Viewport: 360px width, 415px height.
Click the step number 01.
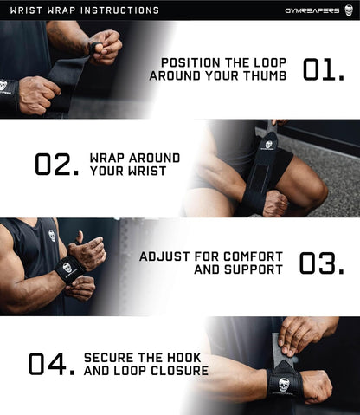325,68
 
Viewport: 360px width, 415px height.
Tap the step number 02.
58,164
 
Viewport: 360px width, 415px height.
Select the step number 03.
323,263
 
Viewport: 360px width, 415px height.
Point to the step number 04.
51,364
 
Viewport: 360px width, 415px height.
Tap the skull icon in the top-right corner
349,10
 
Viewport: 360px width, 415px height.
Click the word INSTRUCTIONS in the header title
118,10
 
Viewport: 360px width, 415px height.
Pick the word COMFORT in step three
254,256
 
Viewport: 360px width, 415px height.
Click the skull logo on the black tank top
52,235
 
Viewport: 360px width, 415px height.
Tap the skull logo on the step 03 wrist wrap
67,268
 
